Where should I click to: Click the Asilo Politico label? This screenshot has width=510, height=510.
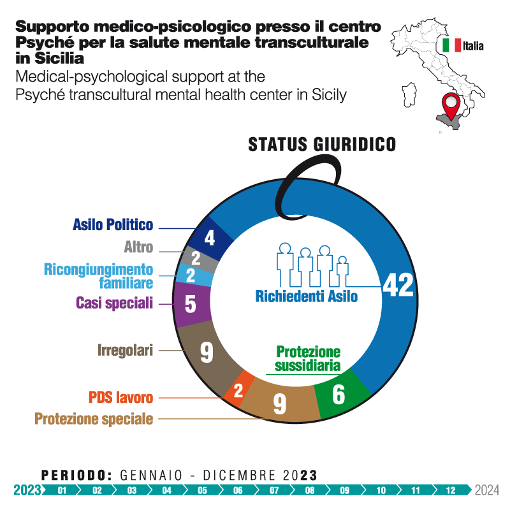113,224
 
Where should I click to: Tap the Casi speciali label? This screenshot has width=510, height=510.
114,303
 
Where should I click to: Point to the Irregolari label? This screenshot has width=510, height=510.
125,350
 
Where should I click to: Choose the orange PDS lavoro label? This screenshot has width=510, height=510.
120,397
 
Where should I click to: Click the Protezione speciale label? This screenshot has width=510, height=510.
94,419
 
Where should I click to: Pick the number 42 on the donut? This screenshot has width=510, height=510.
398,286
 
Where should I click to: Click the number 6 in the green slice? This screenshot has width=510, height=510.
339,395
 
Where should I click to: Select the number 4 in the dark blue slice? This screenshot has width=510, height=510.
209,239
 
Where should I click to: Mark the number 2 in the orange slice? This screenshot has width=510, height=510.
238,390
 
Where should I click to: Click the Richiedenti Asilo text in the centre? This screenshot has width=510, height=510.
306,296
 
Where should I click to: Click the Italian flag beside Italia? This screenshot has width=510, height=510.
451,45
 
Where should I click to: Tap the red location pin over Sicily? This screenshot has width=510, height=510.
453,105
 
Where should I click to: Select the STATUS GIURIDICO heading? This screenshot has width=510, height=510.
321,143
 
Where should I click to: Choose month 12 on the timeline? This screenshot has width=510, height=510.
451,490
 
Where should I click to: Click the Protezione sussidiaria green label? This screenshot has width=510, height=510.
308,359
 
